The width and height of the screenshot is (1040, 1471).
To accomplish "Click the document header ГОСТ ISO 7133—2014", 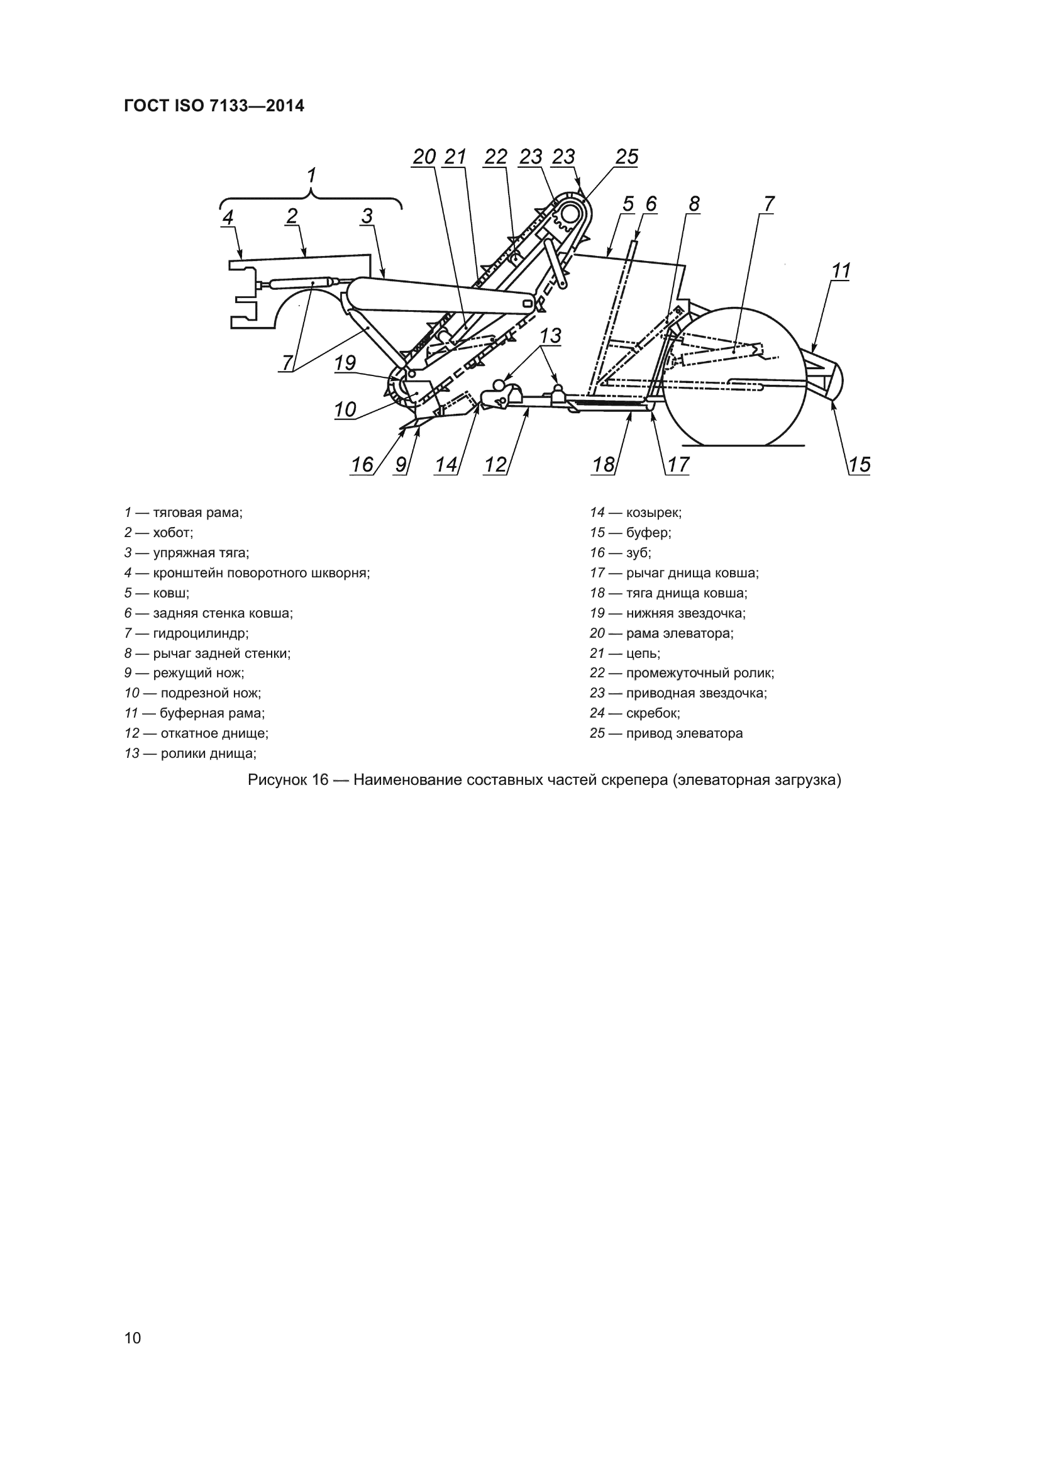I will tap(214, 106).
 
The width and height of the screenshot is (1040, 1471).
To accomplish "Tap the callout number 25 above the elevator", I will tap(626, 157).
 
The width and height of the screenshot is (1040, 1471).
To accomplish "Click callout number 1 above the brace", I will tap(311, 175).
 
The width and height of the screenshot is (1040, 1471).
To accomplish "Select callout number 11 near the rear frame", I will tap(840, 271).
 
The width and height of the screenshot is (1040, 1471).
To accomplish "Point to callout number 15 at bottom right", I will tap(860, 465).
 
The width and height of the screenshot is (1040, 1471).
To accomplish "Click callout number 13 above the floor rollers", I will tap(550, 336).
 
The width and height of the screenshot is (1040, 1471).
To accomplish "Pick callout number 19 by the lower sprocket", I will tap(345, 364).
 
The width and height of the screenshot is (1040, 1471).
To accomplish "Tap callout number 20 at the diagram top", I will tap(424, 157).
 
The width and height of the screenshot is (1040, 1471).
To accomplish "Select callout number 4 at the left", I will tap(228, 217).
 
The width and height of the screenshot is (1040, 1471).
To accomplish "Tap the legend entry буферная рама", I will tap(212, 713).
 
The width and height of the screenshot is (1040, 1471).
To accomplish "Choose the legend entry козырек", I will tap(653, 513).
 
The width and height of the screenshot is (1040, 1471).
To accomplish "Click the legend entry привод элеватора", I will tap(684, 733).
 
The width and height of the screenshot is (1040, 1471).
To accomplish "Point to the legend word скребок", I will tap(652, 713).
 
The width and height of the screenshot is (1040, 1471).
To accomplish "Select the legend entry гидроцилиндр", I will tap(200, 633).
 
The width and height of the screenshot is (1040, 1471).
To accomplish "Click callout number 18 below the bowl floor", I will tap(603, 465).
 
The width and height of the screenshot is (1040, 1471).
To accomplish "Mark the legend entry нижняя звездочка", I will tap(685, 613).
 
